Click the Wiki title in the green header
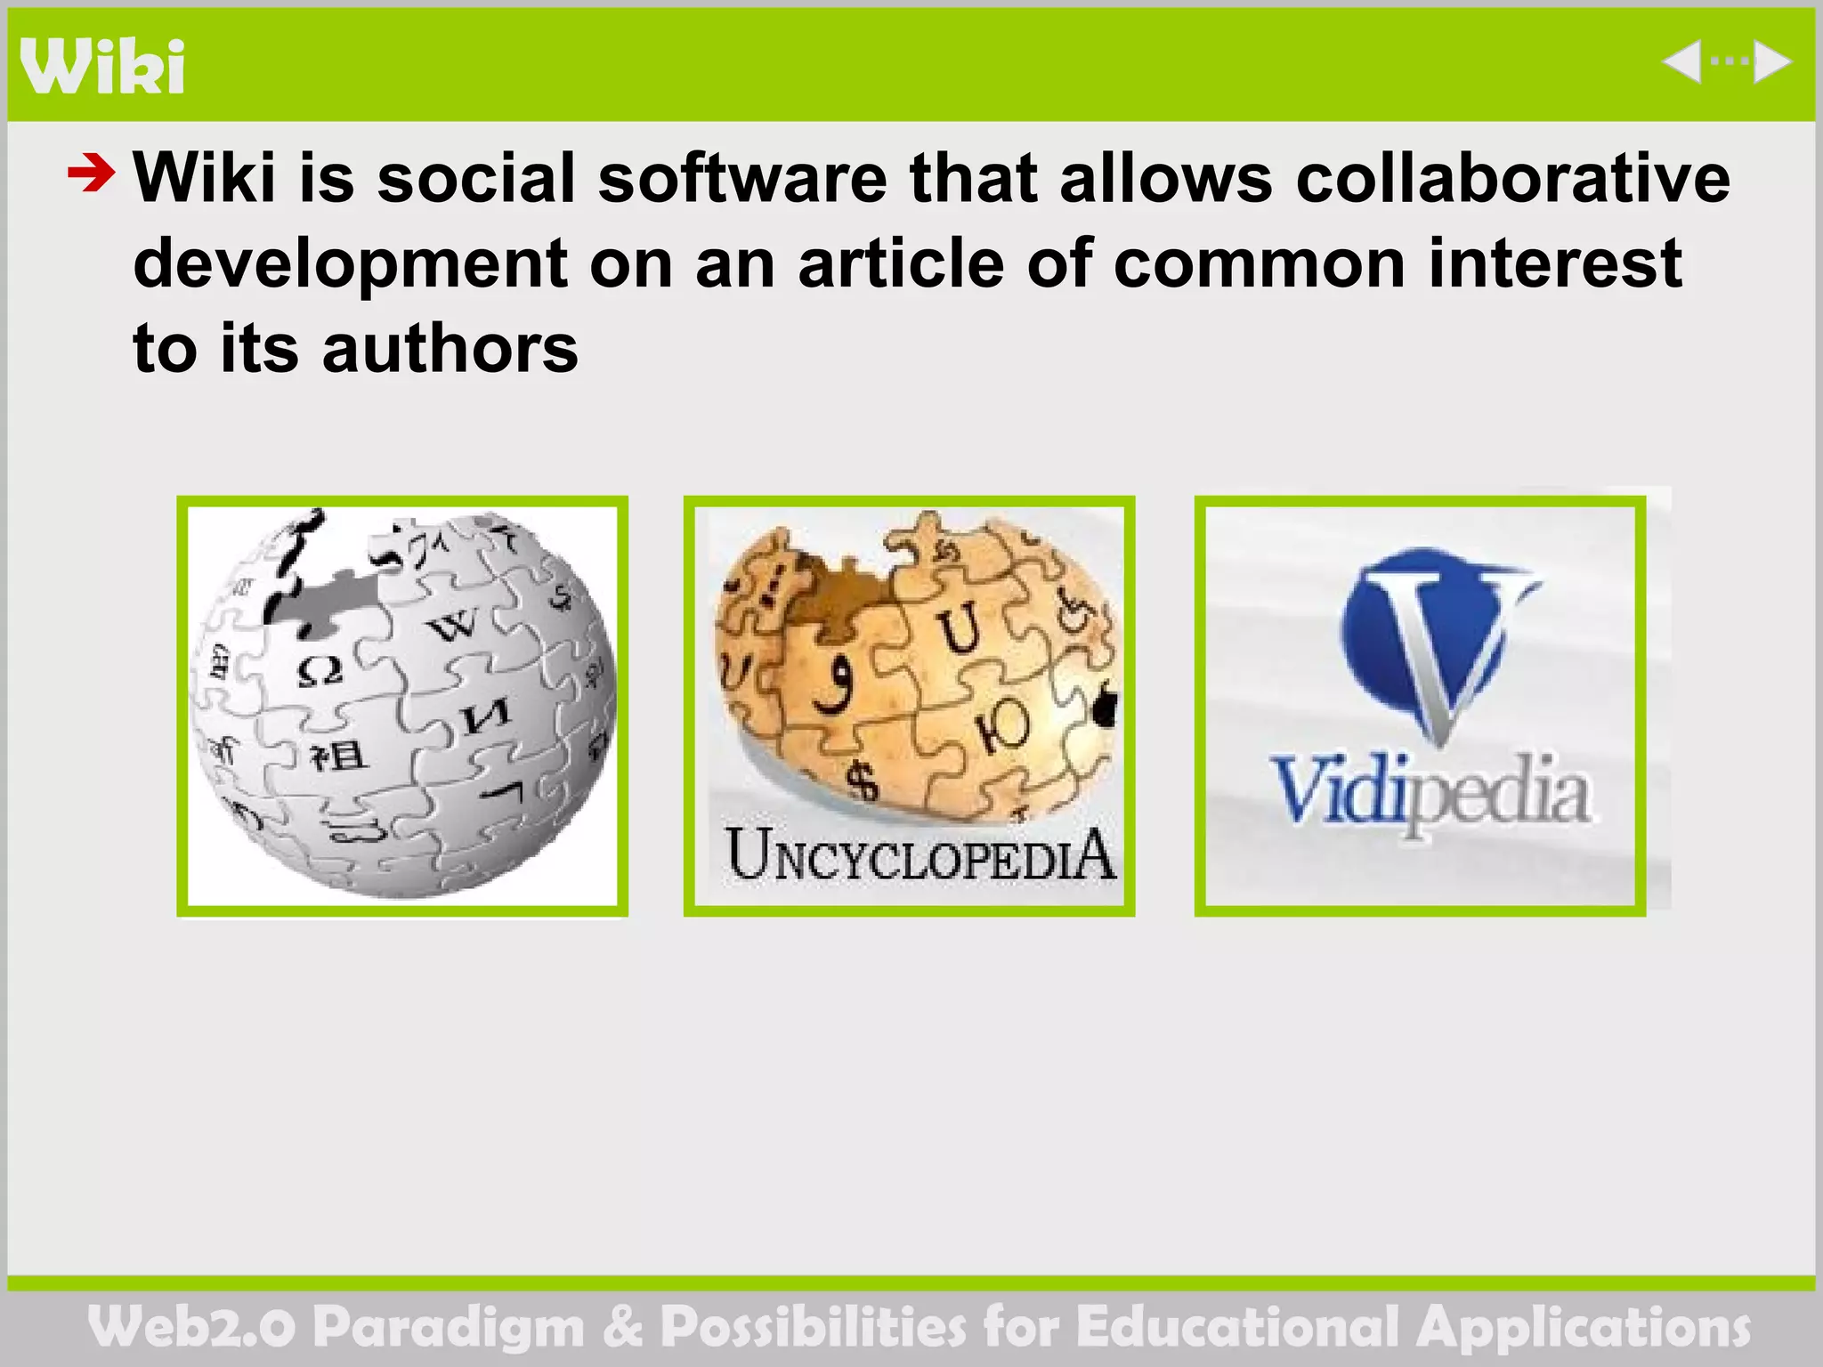pyautogui.click(x=102, y=66)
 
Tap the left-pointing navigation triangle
pyautogui.click(x=1682, y=62)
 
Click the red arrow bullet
pyautogui.click(x=91, y=173)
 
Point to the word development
pyautogui.click(x=350, y=264)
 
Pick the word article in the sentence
pyautogui.click(x=901, y=264)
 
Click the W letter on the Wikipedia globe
pyautogui.click(x=454, y=626)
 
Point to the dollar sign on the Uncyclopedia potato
pyautogui.click(x=862, y=781)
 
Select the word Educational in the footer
pyautogui.click(x=1237, y=1327)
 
